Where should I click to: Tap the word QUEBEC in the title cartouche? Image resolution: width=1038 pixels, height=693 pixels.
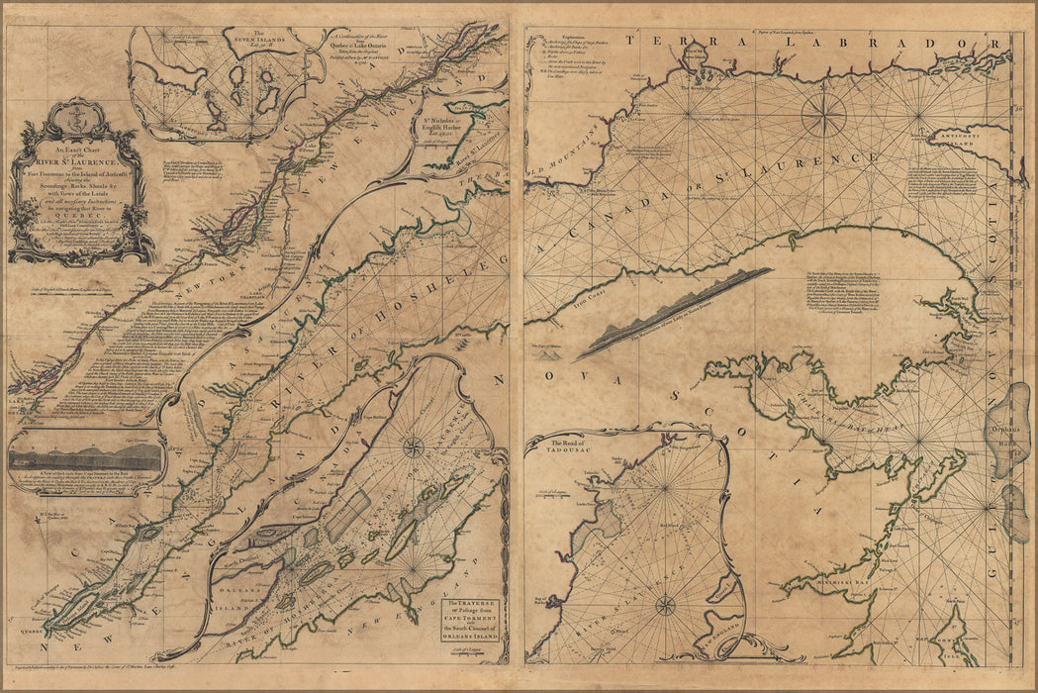(83, 223)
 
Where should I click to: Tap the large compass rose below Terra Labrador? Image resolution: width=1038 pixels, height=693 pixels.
(823, 114)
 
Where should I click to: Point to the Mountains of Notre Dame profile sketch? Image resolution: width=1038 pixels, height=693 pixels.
(673, 312)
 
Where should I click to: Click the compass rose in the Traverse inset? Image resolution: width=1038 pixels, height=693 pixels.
(413, 447)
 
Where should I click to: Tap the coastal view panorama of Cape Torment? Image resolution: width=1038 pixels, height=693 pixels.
(85, 457)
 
